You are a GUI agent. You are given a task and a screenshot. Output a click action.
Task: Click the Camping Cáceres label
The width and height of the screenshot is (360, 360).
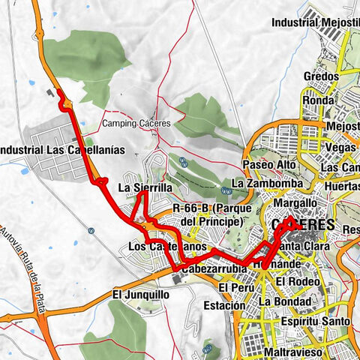click(x=136, y=123)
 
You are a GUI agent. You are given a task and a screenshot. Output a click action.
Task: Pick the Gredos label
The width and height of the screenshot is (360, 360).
click(x=321, y=76)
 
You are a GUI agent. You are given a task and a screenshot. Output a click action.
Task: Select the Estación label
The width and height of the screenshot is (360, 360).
click(x=224, y=306)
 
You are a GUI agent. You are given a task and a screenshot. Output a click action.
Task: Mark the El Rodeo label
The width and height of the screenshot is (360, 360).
click(x=296, y=281)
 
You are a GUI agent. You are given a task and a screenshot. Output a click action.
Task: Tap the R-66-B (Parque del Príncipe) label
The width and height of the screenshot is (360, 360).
click(x=208, y=214)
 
